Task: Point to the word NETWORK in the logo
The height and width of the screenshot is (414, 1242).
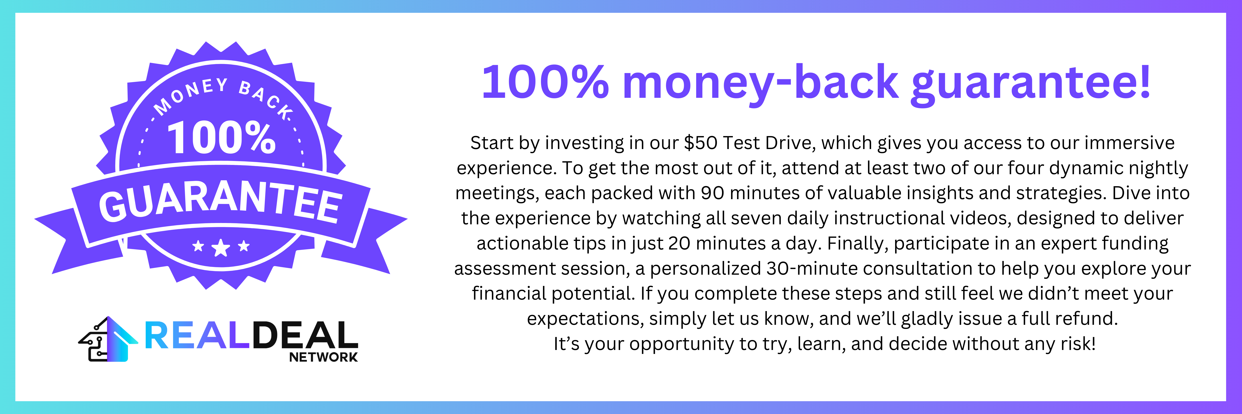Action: [x=323, y=357]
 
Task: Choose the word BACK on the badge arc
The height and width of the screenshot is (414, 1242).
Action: [x=265, y=99]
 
